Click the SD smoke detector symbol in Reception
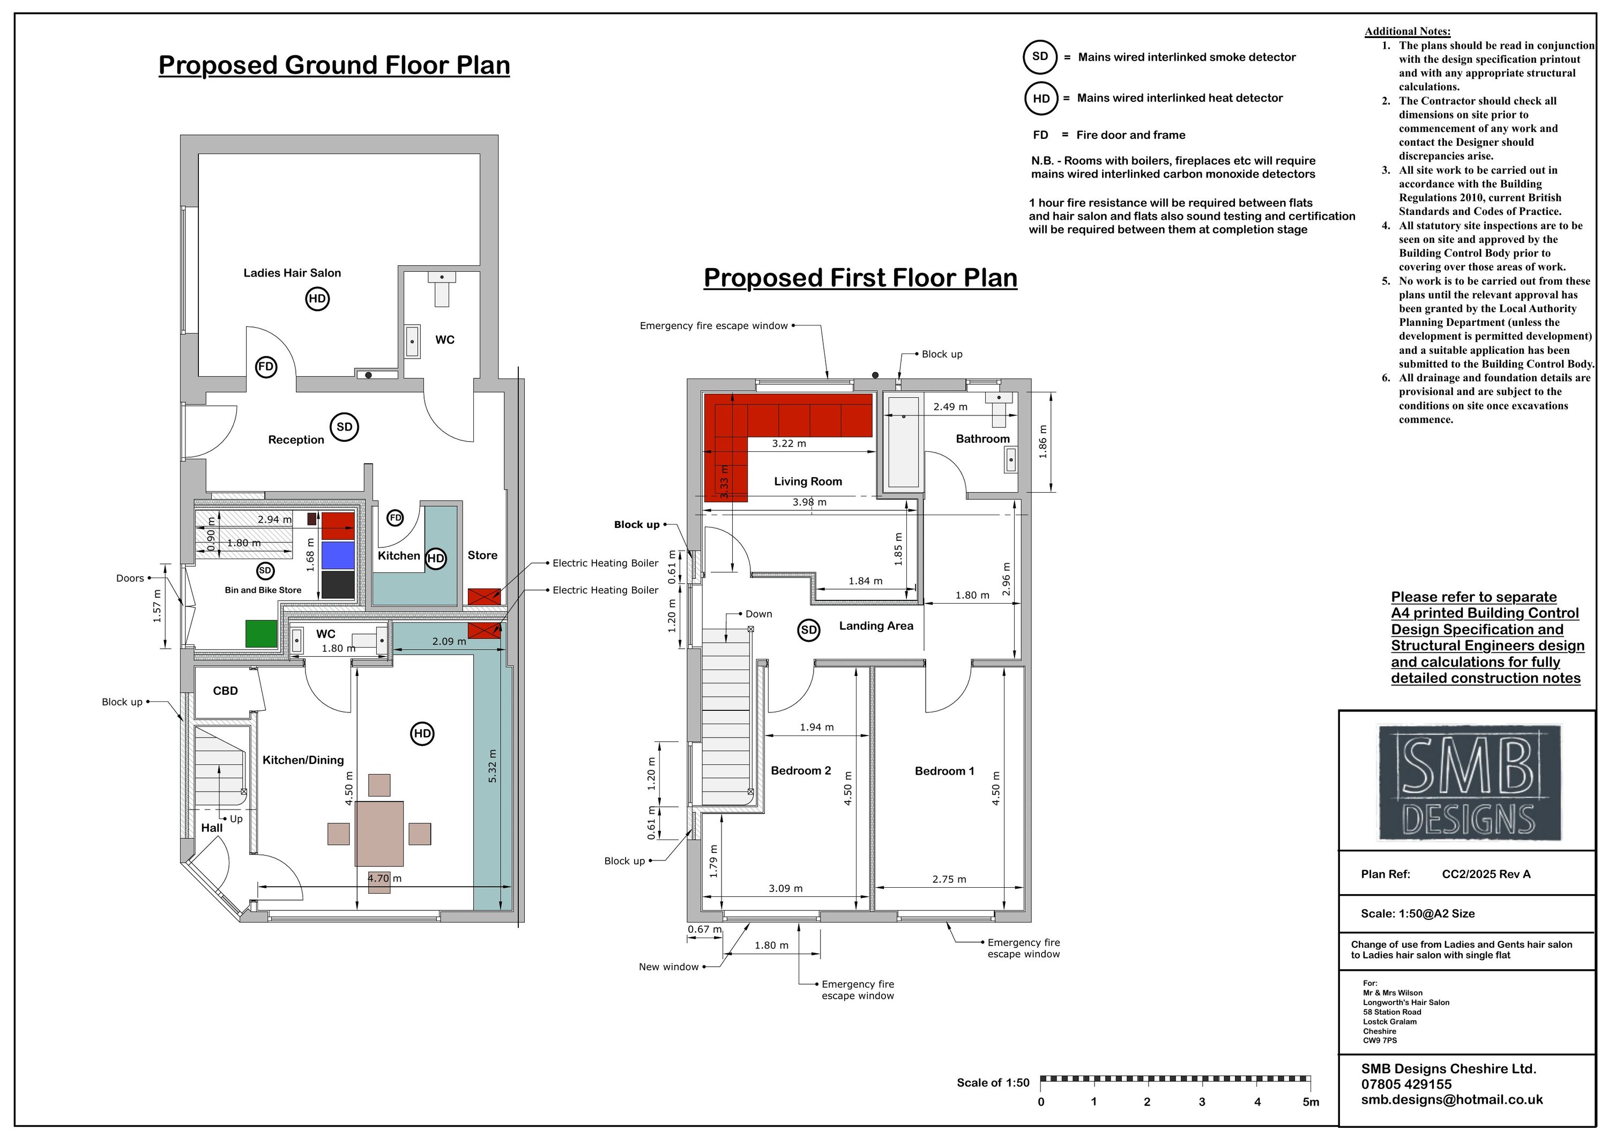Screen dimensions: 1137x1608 [344, 427]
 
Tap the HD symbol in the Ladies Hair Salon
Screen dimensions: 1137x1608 [317, 299]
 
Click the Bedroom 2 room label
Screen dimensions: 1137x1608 [800, 771]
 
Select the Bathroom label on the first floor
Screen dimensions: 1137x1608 [982, 439]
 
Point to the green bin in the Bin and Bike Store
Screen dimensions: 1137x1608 [261, 633]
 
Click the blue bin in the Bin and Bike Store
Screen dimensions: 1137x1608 [338, 555]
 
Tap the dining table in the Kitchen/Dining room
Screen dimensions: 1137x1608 [379, 834]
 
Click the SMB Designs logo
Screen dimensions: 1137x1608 [1469, 783]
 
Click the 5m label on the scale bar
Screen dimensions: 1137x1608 [1311, 1102]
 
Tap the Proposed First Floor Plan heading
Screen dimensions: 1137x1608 [860, 278]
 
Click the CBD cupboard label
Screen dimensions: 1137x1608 [226, 691]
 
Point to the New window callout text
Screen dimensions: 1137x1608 [668, 967]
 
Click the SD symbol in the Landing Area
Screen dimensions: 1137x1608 [809, 630]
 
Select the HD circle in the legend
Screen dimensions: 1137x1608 [1041, 98]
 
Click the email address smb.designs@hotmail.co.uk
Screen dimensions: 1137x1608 [1452, 1100]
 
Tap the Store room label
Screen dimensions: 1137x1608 [482, 555]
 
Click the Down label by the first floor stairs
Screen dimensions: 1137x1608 [758, 614]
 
